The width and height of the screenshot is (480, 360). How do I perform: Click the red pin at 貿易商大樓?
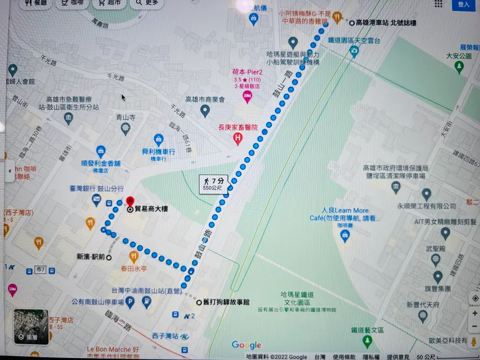click(130, 202)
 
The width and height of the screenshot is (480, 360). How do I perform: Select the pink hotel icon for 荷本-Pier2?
click(247, 97)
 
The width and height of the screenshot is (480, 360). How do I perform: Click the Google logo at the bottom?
click(246, 345)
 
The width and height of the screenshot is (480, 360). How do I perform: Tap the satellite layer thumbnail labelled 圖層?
click(30, 326)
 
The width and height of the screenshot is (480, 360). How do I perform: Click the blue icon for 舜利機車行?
click(158, 139)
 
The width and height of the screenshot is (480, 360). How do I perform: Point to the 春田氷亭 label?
click(134, 268)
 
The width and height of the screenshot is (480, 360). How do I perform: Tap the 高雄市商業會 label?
click(204, 100)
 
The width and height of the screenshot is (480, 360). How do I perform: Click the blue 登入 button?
click(464, 5)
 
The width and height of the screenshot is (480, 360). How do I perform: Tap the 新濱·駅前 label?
click(90, 257)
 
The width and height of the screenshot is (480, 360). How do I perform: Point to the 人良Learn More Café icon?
click(344, 235)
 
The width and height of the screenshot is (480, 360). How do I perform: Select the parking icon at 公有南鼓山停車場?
click(149, 302)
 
